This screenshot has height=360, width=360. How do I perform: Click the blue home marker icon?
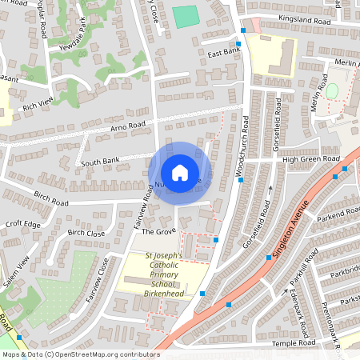pyautogui.click(x=180, y=173)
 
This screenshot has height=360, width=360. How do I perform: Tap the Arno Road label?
pyautogui.click(x=128, y=126)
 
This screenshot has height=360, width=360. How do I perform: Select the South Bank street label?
pyautogui.click(x=101, y=161)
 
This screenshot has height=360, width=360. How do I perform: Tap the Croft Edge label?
pyautogui.click(x=22, y=225)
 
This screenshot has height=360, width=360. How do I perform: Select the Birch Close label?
pyautogui.click(x=86, y=233)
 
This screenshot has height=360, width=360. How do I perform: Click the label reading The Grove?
pyautogui.click(x=158, y=231)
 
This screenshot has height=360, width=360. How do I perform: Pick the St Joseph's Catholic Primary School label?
pyautogui.click(x=164, y=274)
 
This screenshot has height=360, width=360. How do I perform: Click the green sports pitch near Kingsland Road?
pyautogui.click(x=185, y=16)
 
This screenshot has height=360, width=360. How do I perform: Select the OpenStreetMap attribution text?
pyautogui.click(x=80, y=354)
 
